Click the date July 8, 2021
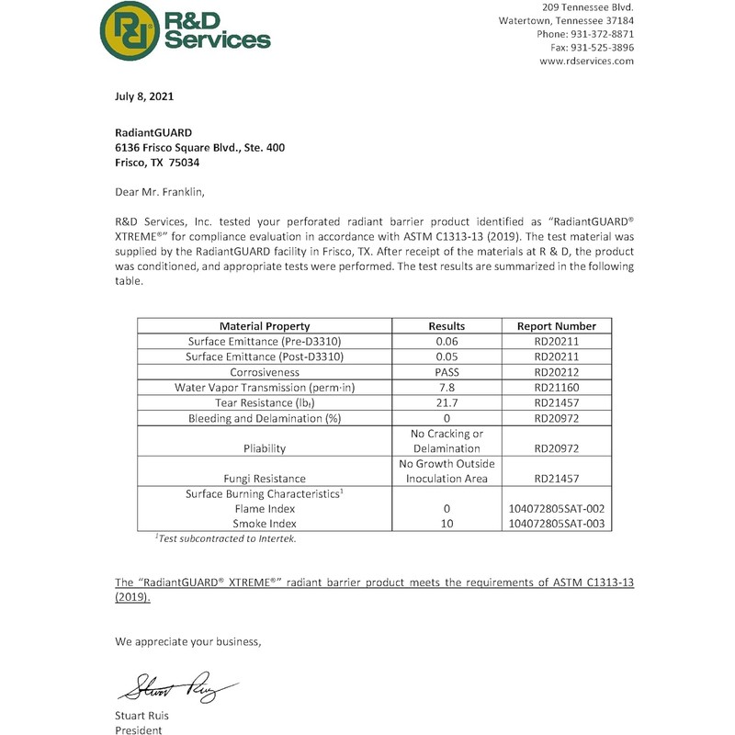tap(144, 96)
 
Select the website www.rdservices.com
tap(587, 61)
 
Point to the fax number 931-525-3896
tap(604, 47)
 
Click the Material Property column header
tap(265, 326)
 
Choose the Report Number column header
tap(557, 326)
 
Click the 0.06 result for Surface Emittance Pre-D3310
tap(447, 342)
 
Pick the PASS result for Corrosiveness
tap(447, 372)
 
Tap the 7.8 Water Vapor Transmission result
tap(447, 388)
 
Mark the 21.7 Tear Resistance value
tap(447, 403)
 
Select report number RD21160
tap(557, 388)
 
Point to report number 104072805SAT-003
tap(557, 523)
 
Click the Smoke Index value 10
tap(447, 523)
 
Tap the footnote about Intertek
tap(225, 538)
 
